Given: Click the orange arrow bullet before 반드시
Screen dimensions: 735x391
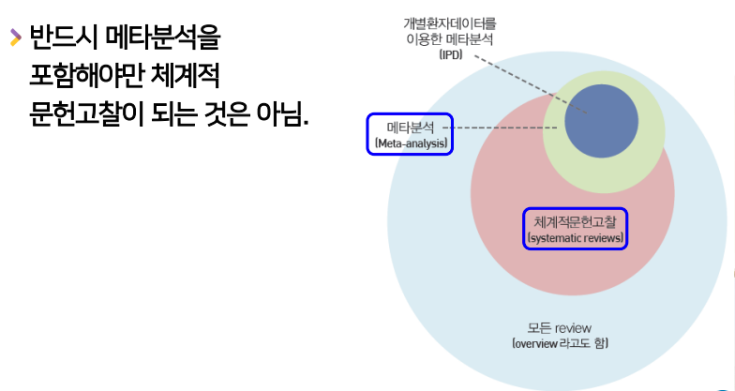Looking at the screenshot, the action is pyautogui.click(x=14, y=38).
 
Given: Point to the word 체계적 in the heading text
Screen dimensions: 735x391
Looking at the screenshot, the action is pyautogui.click(x=187, y=77).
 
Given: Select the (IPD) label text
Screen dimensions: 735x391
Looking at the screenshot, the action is pyautogui.click(x=450, y=55).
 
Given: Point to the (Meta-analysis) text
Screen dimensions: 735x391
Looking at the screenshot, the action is pyautogui.click(x=411, y=143).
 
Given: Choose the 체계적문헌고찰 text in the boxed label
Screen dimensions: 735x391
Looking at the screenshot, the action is pyautogui.click(x=576, y=221).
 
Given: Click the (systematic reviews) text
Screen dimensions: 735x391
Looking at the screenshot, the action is pyautogui.click(x=576, y=238).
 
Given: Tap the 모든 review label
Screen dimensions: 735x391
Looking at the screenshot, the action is pyautogui.click(x=559, y=327).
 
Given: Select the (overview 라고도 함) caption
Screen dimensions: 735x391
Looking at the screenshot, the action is pyautogui.click(x=560, y=344).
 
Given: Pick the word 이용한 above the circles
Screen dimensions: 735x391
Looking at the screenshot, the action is pyautogui.click(x=427, y=39).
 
